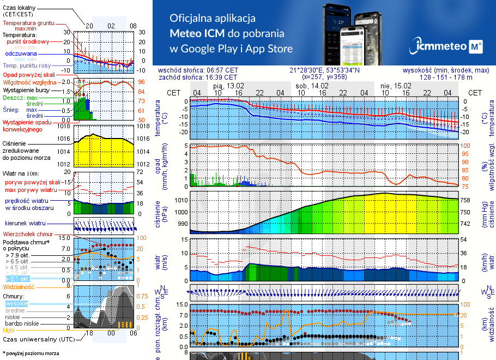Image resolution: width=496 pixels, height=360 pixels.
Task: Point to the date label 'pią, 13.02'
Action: tap(229, 86)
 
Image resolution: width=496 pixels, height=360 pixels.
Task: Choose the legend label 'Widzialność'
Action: tap(19, 286)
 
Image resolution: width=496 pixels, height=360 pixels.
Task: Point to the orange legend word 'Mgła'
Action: tap(9, 330)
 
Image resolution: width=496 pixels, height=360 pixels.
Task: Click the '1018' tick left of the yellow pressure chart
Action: tap(64, 126)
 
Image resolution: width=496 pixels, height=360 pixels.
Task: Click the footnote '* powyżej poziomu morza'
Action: tap(31, 353)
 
